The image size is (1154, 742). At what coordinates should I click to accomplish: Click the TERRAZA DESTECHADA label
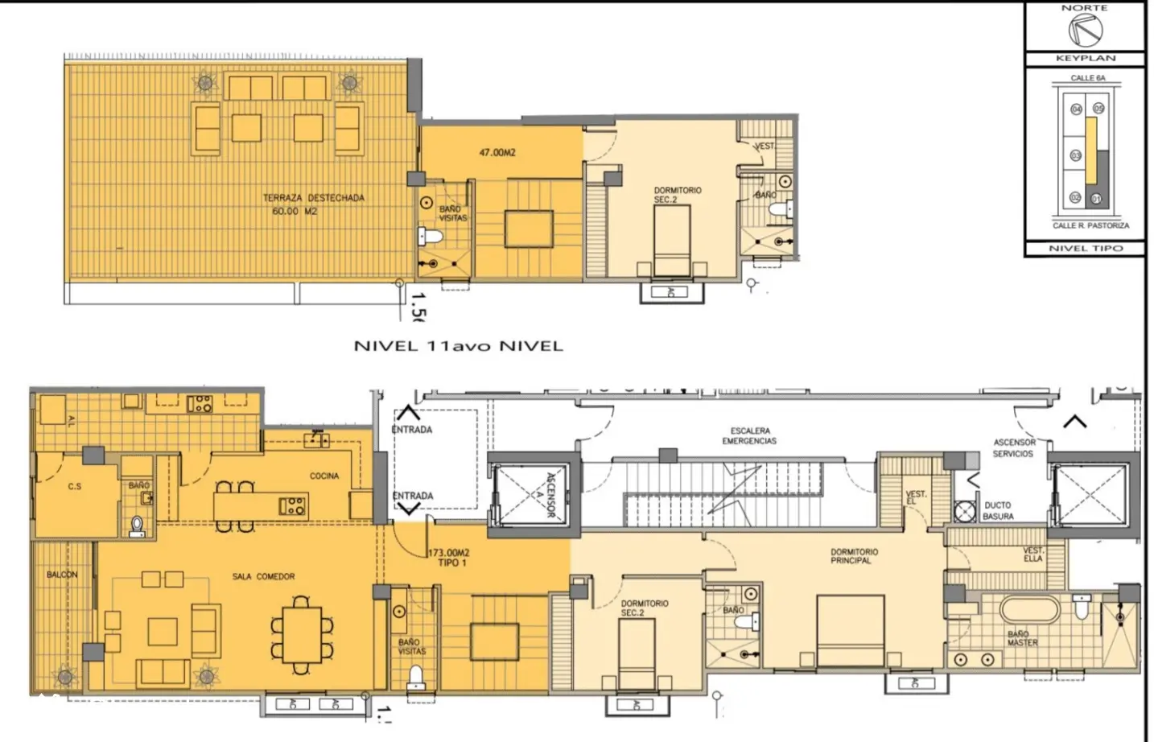(313, 198)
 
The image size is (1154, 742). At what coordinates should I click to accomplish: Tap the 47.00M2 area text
(497, 152)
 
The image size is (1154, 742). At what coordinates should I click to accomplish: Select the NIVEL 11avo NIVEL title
(459, 346)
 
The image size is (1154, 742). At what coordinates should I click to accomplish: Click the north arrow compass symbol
(1085, 31)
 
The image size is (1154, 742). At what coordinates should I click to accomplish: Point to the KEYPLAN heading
(1085, 59)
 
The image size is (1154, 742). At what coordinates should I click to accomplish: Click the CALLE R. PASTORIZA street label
(1090, 226)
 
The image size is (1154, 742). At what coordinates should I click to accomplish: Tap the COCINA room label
(324, 476)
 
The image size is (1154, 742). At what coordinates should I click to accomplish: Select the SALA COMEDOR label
(263, 576)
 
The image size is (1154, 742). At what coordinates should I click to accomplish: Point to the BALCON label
(62, 575)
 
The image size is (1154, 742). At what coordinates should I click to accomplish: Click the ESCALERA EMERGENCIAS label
(749, 436)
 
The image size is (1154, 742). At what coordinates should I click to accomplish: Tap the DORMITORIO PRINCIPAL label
(854, 556)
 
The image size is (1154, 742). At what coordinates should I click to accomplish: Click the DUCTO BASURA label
(998, 511)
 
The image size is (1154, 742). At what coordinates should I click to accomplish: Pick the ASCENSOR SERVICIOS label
(1014, 448)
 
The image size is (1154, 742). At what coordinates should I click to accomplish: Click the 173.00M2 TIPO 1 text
(449, 558)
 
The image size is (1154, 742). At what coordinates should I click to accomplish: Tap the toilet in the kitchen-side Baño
(138, 525)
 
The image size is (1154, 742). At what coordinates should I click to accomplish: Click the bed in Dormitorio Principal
(850, 632)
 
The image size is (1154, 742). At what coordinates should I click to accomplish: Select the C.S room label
(74, 486)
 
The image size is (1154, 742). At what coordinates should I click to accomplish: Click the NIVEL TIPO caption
(1085, 249)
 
